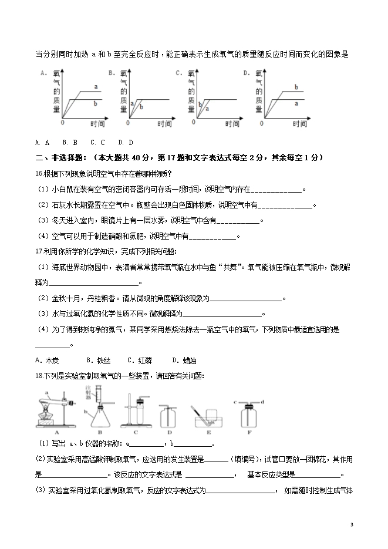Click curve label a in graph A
pyautogui.click(x=96, y=87)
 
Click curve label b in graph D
pyautogui.click(x=296, y=87)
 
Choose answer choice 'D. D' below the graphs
pyautogui.click(x=126, y=142)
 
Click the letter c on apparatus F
pyautogui.click(x=235, y=402)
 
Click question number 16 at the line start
pyautogui.click(x=39, y=173)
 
